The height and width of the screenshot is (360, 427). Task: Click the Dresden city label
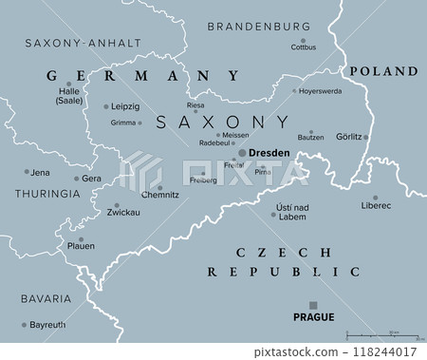269,152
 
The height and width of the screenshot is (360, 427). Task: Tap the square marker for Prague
314,305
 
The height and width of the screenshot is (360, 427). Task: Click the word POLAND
383,71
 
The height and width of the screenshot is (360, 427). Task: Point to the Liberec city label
376,205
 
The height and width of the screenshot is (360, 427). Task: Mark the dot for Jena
26,172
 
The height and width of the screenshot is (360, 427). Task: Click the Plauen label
80,246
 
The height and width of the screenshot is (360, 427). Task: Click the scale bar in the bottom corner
383,335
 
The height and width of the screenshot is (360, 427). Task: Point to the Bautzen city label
310,137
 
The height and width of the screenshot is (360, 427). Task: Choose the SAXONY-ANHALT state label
82,43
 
